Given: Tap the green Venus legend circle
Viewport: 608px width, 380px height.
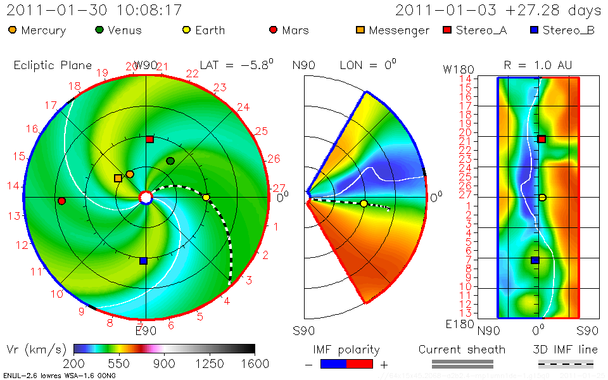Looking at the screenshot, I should point(99,30).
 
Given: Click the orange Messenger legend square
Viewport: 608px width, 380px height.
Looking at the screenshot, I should point(360,30).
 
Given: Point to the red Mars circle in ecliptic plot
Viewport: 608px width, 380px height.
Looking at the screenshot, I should point(61,201).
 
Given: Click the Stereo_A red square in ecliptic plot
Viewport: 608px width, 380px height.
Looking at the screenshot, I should point(149,139).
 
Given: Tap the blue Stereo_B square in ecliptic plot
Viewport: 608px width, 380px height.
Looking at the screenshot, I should point(143,260).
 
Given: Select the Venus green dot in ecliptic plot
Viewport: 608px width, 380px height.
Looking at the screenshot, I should point(170,161).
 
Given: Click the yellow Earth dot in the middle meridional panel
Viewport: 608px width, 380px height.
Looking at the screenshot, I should point(364,203).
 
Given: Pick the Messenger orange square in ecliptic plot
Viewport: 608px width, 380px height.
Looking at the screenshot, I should point(118,178).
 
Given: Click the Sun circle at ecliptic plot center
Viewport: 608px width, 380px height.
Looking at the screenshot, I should point(146,198).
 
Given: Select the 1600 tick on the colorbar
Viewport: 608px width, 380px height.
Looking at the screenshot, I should point(254,364).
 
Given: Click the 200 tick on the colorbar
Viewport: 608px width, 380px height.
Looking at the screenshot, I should point(75,364).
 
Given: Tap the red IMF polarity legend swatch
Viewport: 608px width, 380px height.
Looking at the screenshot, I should point(360,364).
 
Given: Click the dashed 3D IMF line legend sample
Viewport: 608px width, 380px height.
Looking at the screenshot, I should point(566,364).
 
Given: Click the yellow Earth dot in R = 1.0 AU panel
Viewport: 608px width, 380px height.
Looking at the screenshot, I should point(542,197).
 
